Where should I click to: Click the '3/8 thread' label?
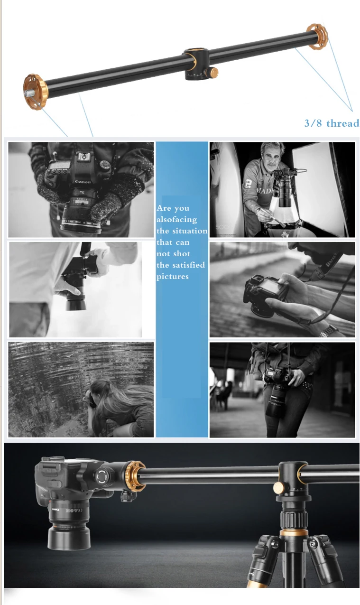click(331, 123)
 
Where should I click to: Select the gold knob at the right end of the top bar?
click(317, 36)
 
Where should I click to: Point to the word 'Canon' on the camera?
click(83, 182)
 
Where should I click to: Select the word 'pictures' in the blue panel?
click(173, 277)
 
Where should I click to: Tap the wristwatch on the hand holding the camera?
click(329, 331)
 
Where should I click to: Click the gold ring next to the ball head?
click(136, 475)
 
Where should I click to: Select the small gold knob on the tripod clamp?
click(278, 487)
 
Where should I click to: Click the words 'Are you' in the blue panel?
click(173, 208)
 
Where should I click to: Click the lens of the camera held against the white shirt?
click(75, 299)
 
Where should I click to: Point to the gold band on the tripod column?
click(294, 534)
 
